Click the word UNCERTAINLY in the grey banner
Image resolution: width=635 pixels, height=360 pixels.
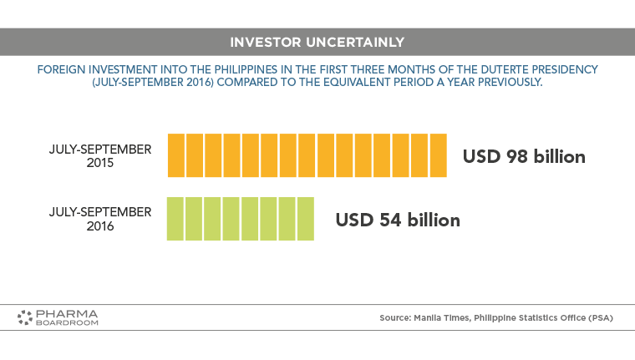point(355,42)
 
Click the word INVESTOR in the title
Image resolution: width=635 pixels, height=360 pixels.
point(266,42)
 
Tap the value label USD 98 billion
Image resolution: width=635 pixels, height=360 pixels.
point(524,157)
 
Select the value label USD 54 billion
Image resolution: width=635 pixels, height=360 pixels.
point(398,220)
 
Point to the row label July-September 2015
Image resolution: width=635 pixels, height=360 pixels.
point(100,156)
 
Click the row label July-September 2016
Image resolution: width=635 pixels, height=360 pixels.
point(100,219)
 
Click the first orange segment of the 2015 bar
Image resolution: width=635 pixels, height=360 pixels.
point(176,155)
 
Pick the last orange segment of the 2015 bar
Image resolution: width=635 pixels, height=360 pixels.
point(438,155)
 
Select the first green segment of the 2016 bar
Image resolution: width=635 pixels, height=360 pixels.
point(175,219)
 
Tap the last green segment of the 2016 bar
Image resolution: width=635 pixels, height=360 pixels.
point(306,219)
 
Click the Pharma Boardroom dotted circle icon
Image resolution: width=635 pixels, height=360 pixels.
point(25,317)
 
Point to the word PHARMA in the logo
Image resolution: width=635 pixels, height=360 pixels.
point(67,314)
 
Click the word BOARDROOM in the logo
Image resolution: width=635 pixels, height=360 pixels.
point(67,322)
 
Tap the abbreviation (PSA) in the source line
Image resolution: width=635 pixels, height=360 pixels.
point(601,318)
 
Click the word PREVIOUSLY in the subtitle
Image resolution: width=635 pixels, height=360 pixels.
point(510,82)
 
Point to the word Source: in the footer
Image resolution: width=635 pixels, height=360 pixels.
point(395,318)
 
